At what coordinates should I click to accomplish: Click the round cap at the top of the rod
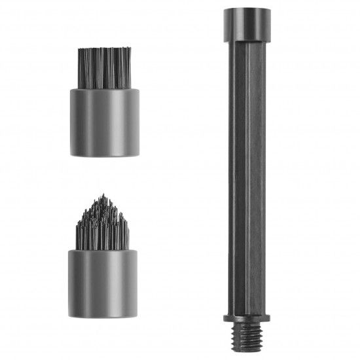(248, 22)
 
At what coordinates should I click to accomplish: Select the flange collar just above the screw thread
(248, 320)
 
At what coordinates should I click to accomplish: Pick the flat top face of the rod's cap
(248, 9)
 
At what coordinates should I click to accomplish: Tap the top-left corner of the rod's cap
(225, 10)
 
